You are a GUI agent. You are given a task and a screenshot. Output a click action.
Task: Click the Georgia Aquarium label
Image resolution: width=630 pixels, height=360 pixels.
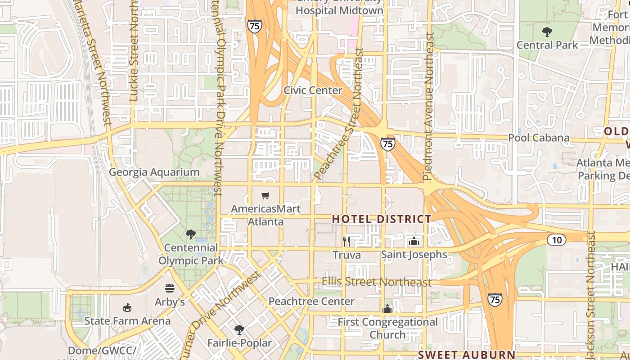(x=154, y=172)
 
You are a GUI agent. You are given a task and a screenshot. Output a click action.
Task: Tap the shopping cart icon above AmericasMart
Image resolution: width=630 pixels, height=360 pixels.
(x=265, y=195)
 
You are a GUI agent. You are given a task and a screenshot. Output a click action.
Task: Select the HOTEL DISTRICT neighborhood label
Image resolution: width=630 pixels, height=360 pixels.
(x=382, y=219)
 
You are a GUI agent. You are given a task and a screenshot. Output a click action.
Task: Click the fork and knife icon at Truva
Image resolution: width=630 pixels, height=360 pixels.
(x=346, y=242)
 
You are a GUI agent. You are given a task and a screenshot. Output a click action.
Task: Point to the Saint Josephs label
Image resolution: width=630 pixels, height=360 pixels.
(x=414, y=255)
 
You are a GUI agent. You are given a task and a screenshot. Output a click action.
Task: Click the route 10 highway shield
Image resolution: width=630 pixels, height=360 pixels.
(x=557, y=240)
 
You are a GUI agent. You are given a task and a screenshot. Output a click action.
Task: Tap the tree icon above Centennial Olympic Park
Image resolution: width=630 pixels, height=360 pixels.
(x=191, y=234)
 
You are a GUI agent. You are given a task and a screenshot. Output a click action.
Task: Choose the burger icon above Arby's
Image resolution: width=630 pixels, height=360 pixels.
(x=170, y=288)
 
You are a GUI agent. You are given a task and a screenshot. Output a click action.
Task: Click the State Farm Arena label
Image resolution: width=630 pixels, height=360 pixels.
(x=128, y=321)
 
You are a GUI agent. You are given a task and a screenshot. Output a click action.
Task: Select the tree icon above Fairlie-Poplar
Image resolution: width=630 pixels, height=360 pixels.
(x=239, y=330)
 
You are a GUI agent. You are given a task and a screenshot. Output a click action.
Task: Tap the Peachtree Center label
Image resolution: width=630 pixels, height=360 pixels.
(x=311, y=301)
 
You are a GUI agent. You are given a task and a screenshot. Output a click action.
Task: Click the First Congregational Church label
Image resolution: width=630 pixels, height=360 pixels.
(x=387, y=328)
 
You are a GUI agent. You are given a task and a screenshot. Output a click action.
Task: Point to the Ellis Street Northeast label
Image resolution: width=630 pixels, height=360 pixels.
(x=376, y=282)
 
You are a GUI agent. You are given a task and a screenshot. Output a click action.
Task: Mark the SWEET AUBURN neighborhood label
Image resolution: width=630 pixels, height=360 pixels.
(x=466, y=355)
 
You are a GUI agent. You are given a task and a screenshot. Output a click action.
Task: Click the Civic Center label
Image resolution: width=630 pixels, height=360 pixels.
(x=313, y=90)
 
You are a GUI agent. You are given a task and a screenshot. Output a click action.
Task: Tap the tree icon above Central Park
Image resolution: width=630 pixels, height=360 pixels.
(x=547, y=32)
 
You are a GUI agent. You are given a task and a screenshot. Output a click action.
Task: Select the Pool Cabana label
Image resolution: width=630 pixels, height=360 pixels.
(x=539, y=138)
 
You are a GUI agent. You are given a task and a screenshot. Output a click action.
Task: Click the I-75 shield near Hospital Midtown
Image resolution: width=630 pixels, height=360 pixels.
(x=254, y=26)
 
